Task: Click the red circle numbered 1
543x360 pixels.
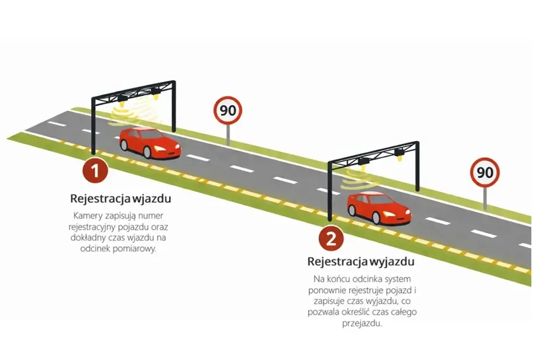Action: tap(95, 170)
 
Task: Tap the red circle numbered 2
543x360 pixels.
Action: tap(331, 238)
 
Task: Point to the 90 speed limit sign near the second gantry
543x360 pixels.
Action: tap(485, 172)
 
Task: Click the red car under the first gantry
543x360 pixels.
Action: tap(150, 143)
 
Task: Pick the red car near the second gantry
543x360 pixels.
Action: tap(379, 207)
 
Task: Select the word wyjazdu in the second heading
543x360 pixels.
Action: tap(392, 262)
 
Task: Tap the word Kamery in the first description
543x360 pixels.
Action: tap(88, 216)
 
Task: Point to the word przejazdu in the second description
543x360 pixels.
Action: tap(362, 324)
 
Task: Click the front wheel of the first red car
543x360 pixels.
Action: tap(148, 152)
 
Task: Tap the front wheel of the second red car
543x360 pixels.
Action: tap(376, 217)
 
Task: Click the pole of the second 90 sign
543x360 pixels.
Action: tap(485, 198)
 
